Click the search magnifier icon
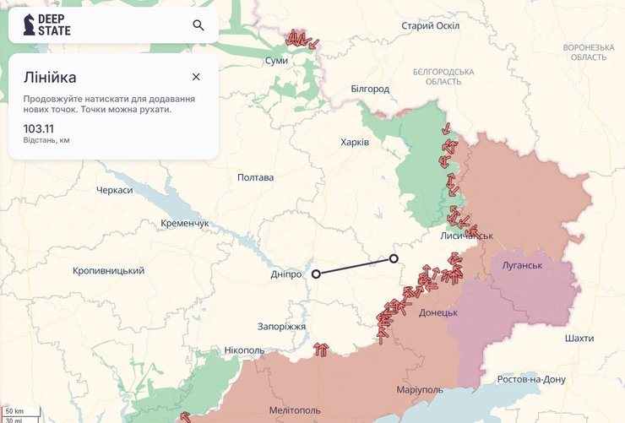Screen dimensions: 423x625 (198, 25)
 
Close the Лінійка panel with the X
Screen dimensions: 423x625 (196, 77)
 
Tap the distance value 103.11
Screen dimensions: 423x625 (38, 128)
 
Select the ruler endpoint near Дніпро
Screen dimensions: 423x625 (316, 274)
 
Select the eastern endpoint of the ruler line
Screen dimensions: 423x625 (394, 258)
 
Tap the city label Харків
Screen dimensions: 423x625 (354, 143)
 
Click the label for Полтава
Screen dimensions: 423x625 (255, 178)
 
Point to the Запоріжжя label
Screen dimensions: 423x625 (281, 327)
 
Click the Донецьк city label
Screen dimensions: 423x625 (437, 313)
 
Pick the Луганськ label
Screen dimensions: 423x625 (521, 266)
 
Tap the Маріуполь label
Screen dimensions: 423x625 (420, 390)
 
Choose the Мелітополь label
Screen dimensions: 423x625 (294, 410)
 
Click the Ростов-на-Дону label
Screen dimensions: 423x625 (530, 379)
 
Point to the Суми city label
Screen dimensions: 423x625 (276, 61)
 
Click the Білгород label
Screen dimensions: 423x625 (370, 89)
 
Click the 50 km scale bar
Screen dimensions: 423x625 (14, 411)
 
